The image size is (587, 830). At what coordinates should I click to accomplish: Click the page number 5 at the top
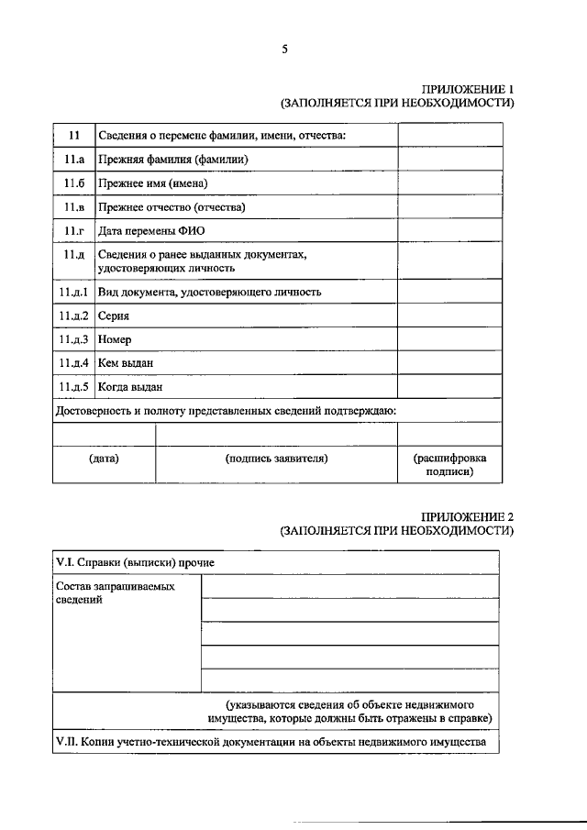[x=284, y=50]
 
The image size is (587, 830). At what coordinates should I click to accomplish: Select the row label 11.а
[x=74, y=160]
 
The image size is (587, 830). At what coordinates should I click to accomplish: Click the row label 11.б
[x=74, y=184]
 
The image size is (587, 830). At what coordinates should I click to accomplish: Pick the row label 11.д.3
[x=74, y=339]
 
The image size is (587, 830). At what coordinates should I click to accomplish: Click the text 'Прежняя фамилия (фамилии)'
[x=173, y=160]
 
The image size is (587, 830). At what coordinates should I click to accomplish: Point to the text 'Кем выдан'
[x=125, y=363]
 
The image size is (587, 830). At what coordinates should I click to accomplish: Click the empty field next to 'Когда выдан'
[x=449, y=387]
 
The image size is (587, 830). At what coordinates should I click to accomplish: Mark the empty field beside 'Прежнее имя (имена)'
[x=449, y=184]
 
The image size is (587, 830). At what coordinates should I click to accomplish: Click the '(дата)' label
[x=104, y=457]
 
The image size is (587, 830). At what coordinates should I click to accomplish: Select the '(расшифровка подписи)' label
[x=449, y=464]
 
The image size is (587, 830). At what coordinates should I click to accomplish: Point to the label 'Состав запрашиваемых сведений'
[x=114, y=592]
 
